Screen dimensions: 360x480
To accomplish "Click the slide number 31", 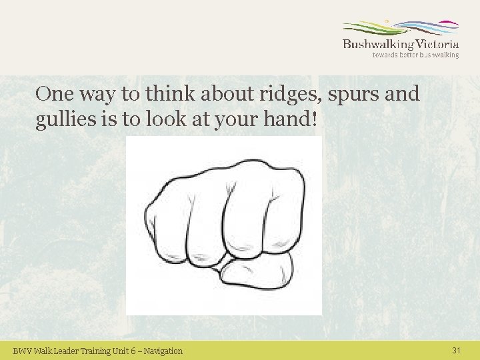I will (456, 350).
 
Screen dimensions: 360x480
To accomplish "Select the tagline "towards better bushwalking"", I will (415, 55).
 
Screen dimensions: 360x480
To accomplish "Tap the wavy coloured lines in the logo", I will (400, 29).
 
